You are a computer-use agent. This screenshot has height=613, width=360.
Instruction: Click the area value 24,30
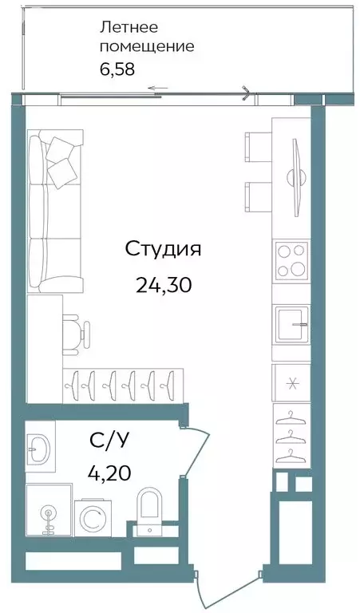(x=164, y=285)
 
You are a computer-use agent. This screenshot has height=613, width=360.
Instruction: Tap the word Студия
(x=163, y=249)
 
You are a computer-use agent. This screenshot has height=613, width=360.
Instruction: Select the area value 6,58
(x=117, y=69)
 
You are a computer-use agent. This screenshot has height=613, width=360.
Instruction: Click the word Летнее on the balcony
(x=129, y=28)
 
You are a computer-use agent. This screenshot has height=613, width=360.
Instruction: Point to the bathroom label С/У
(x=109, y=441)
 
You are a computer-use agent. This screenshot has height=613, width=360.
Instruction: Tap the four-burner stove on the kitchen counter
(x=291, y=260)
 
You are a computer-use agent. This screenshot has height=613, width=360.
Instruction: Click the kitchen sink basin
(x=291, y=325)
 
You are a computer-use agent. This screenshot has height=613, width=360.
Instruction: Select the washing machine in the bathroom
(x=93, y=517)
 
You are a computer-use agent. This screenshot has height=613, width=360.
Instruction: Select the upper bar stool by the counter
(x=258, y=147)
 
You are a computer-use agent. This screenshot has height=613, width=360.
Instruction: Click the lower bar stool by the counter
(x=258, y=197)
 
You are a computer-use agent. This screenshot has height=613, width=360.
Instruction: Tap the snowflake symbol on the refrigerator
(x=291, y=383)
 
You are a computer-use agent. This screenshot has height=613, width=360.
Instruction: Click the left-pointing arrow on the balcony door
(x=158, y=88)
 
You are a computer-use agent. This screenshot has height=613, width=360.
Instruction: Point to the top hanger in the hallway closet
(x=290, y=417)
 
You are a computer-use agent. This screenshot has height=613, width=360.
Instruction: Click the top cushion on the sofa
(x=60, y=150)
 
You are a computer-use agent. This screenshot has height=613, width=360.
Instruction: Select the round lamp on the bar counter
(x=295, y=178)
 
